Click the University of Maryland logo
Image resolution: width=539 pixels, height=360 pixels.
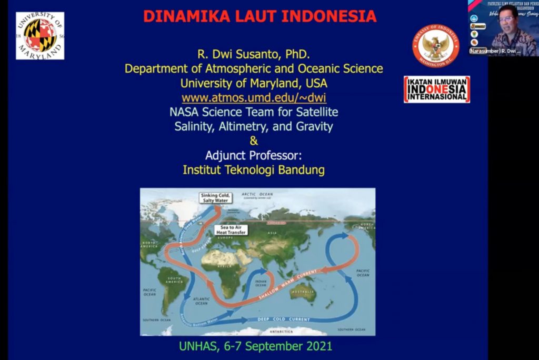click(40, 35)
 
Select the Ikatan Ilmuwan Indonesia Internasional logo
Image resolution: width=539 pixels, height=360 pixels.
click(436, 89)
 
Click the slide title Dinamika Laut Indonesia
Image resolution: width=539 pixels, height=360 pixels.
click(259, 16)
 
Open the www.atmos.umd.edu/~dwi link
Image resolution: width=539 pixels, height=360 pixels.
click(254, 97)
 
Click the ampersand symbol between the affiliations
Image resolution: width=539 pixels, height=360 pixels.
click(253, 141)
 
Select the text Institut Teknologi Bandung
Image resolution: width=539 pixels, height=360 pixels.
click(253, 170)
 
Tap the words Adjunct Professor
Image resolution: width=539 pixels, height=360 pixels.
click(253, 156)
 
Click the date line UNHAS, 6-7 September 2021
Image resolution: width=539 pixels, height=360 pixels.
click(256, 346)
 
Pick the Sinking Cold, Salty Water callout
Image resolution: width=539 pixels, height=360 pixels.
click(214, 198)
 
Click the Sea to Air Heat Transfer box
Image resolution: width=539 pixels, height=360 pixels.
click(231, 229)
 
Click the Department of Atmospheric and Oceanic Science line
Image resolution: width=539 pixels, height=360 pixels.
click(253, 68)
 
